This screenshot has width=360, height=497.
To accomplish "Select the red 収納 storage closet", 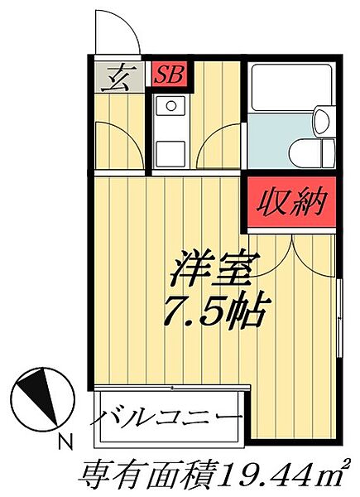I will click(290, 201).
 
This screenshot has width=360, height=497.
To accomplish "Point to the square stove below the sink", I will click(171, 152).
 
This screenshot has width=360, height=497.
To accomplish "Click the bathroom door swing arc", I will click(222, 146).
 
